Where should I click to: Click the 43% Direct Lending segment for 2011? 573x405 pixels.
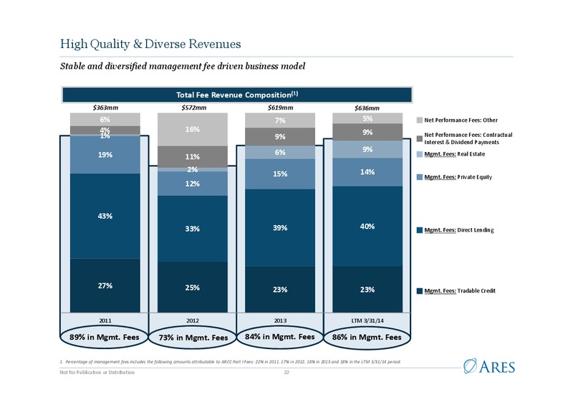(x=105, y=216)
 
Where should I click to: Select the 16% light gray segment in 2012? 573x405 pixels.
(x=193, y=130)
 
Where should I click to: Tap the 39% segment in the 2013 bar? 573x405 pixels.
(x=280, y=227)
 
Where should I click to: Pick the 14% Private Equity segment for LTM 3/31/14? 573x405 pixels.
(x=367, y=172)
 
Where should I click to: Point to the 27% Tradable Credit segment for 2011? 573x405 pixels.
(x=105, y=285)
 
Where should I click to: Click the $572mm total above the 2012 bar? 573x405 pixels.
(x=193, y=108)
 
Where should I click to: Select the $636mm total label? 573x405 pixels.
(x=367, y=108)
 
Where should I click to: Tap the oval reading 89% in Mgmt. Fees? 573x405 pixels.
(x=104, y=337)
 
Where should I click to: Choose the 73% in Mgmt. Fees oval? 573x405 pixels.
(x=193, y=338)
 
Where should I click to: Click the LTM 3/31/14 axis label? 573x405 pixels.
(x=367, y=320)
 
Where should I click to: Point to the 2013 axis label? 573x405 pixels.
(x=280, y=320)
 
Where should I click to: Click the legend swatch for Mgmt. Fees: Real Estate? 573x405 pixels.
(x=420, y=154)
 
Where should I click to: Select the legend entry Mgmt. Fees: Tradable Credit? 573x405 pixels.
(x=456, y=291)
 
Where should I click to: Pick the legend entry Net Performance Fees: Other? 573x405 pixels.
(x=457, y=120)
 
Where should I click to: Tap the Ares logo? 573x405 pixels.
(x=489, y=366)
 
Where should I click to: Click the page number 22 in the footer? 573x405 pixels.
(x=286, y=373)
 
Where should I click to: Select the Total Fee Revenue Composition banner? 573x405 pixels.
(x=237, y=95)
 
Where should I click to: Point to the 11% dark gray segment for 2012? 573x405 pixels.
(x=193, y=157)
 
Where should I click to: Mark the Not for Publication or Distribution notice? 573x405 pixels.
(x=97, y=373)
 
